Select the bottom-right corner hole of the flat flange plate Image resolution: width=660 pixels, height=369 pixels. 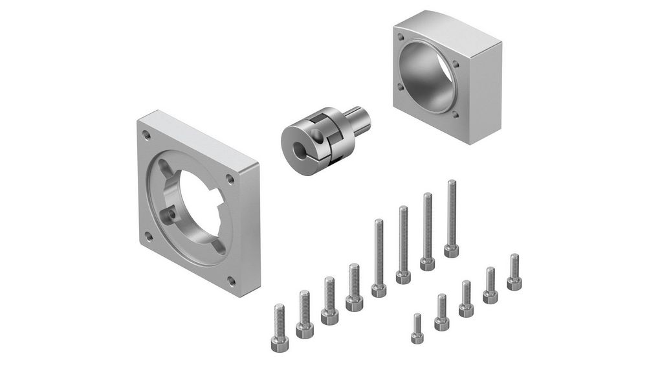pos(231,281)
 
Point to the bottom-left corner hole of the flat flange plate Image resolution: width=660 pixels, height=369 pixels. pos(149,237)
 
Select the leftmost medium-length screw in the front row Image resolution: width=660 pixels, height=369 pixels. pos(280,328)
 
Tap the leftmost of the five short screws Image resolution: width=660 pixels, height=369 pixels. pos(417,328)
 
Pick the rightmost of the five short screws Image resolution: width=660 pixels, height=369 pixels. pos(514,271)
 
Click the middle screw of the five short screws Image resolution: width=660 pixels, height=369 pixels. pos(466,298)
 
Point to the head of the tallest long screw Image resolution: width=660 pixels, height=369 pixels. pos(451,250)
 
